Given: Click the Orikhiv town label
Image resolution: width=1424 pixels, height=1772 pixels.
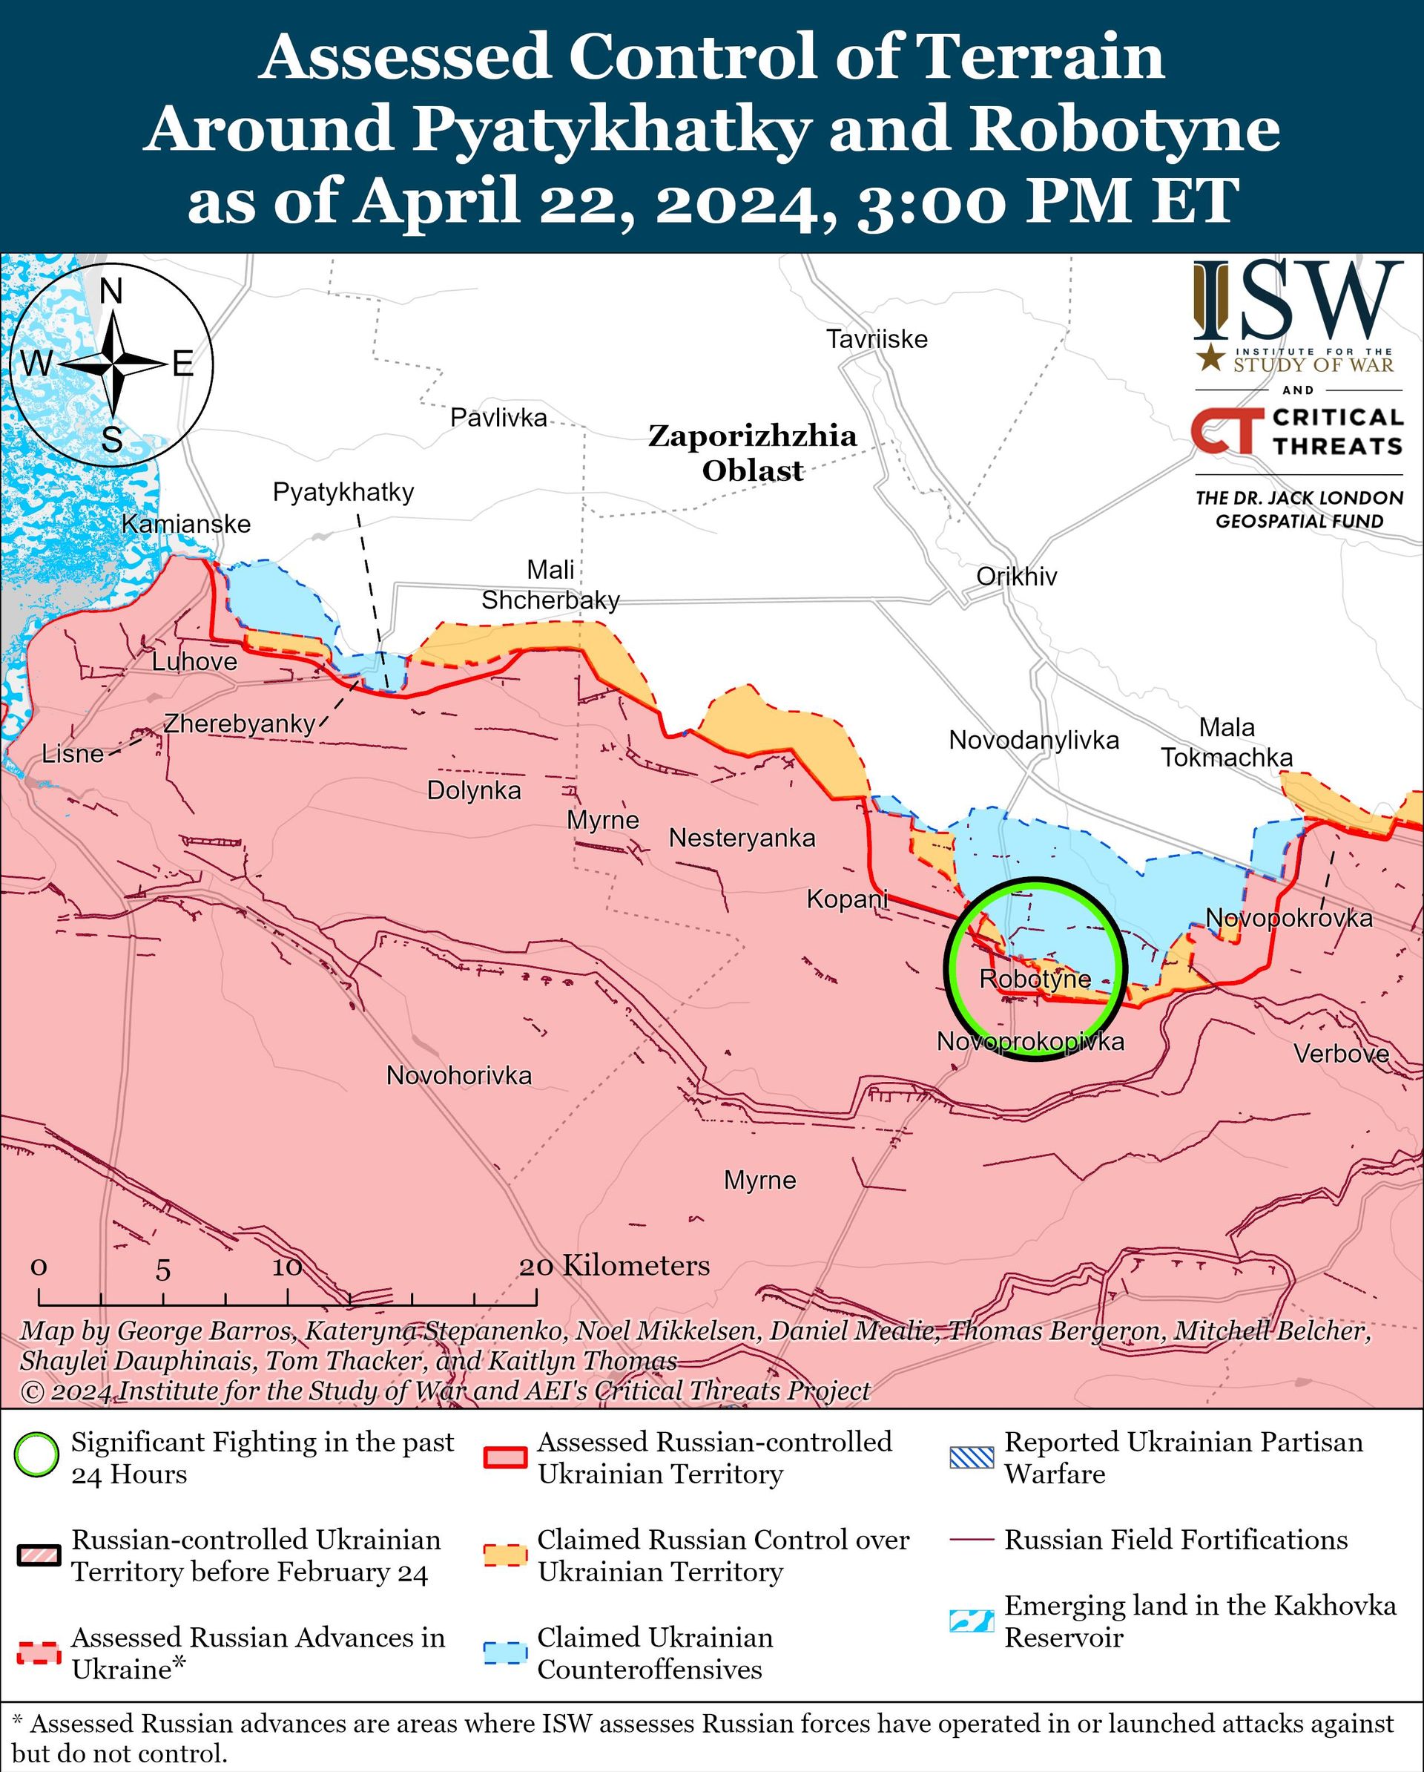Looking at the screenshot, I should [x=1016, y=577].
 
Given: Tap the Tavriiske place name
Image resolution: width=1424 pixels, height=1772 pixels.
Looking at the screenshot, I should [x=877, y=339].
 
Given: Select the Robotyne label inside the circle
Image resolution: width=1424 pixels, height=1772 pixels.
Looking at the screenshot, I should [x=1035, y=979].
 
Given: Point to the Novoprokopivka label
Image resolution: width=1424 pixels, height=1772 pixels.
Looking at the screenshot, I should [x=1030, y=1042].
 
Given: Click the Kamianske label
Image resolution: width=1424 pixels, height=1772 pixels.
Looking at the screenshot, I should [x=185, y=525].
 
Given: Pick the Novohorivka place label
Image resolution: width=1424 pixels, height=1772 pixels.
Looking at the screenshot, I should [x=458, y=1076].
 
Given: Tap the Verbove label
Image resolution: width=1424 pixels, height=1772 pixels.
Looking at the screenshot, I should [x=1341, y=1054].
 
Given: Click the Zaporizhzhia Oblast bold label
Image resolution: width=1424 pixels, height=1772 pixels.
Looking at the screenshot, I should [x=752, y=453].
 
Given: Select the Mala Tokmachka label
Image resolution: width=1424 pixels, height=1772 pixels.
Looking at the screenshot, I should [x=1226, y=742].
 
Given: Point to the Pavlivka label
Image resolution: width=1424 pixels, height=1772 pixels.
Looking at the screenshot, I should [x=498, y=419].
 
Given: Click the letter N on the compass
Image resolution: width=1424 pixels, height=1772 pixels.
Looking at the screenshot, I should [x=112, y=292].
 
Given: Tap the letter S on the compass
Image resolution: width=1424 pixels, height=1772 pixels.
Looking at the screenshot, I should [x=112, y=441].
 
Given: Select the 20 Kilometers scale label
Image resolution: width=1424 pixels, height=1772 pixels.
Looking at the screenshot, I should [x=614, y=1266].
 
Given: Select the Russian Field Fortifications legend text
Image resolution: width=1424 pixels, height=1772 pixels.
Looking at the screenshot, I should [x=1176, y=1540].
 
